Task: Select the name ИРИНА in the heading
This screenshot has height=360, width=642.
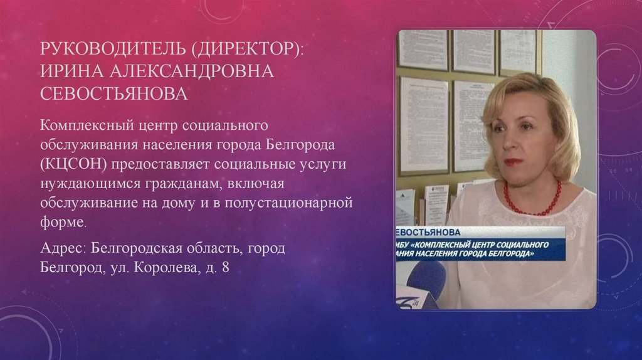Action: point(71,71)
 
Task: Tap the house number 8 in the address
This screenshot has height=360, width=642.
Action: point(223,267)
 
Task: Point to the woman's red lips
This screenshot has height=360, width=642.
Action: point(513,161)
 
